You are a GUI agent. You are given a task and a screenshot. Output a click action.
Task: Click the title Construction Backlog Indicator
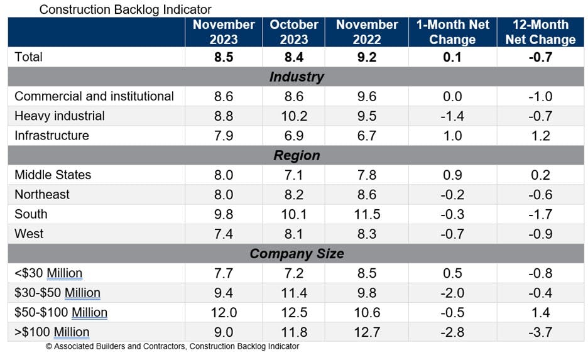point(125,9)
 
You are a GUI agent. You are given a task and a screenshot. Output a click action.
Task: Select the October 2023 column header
point(294,32)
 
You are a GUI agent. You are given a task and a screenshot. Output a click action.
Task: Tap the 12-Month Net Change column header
point(540,32)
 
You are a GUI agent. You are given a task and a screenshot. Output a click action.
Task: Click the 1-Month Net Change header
point(452,32)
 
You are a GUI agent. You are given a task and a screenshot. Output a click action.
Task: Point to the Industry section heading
point(297,77)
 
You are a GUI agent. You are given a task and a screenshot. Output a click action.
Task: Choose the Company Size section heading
point(297,254)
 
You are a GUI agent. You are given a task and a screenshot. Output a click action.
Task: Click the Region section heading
point(297,155)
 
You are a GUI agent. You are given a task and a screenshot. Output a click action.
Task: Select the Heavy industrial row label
point(60,116)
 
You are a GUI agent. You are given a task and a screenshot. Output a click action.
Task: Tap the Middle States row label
point(53,175)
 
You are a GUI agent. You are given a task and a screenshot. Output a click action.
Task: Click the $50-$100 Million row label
point(61,312)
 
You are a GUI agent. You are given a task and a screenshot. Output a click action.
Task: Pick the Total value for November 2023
point(224,57)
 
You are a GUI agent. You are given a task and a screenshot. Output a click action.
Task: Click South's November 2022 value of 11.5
point(367,214)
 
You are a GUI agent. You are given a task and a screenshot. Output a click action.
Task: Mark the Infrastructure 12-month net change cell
point(540,136)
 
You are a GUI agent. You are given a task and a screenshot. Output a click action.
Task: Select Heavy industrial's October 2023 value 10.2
point(294,116)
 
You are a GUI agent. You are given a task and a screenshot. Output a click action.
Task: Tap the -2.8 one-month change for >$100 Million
point(452,332)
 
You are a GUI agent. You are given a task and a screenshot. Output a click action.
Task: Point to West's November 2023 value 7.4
point(224,234)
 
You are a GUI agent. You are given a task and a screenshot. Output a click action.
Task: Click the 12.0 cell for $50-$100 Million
point(224,312)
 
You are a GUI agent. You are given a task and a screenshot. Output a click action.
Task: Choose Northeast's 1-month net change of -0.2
point(452,195)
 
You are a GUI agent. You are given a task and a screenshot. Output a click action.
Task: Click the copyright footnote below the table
point(172,347)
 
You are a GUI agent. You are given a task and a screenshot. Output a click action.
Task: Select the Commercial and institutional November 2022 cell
point(367,97)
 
